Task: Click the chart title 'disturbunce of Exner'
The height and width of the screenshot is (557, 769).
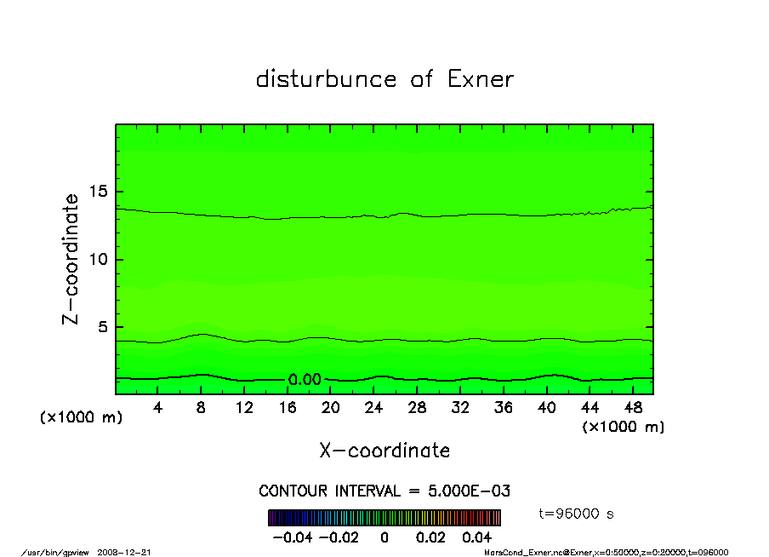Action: coord(384,79)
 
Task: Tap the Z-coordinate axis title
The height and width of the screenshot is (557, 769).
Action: coord(71,259)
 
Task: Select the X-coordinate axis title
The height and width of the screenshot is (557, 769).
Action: coord(384,451)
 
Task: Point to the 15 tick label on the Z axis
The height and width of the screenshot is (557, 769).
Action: coord(100,192)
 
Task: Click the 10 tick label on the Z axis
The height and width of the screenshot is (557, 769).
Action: coord(100,260)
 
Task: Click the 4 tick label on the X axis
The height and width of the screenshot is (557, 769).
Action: coord(158,408)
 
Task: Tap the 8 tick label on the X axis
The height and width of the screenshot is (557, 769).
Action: coord(202,408)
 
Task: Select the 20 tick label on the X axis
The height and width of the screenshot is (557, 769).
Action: coord(331,408)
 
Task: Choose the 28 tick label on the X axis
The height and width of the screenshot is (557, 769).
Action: coord(417,408)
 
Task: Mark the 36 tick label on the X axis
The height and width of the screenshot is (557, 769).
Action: coord(503,408)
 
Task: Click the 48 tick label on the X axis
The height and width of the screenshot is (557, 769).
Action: coord(632,408)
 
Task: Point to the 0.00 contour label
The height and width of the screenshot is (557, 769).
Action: coord(304,380)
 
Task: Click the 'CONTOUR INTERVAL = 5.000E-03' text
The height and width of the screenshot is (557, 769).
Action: coord(384,491)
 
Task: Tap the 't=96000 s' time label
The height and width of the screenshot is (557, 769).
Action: coord(577,514)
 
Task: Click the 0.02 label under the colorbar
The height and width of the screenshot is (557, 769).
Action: coord(430,537)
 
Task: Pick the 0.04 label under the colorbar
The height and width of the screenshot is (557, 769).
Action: coord(476,537)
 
